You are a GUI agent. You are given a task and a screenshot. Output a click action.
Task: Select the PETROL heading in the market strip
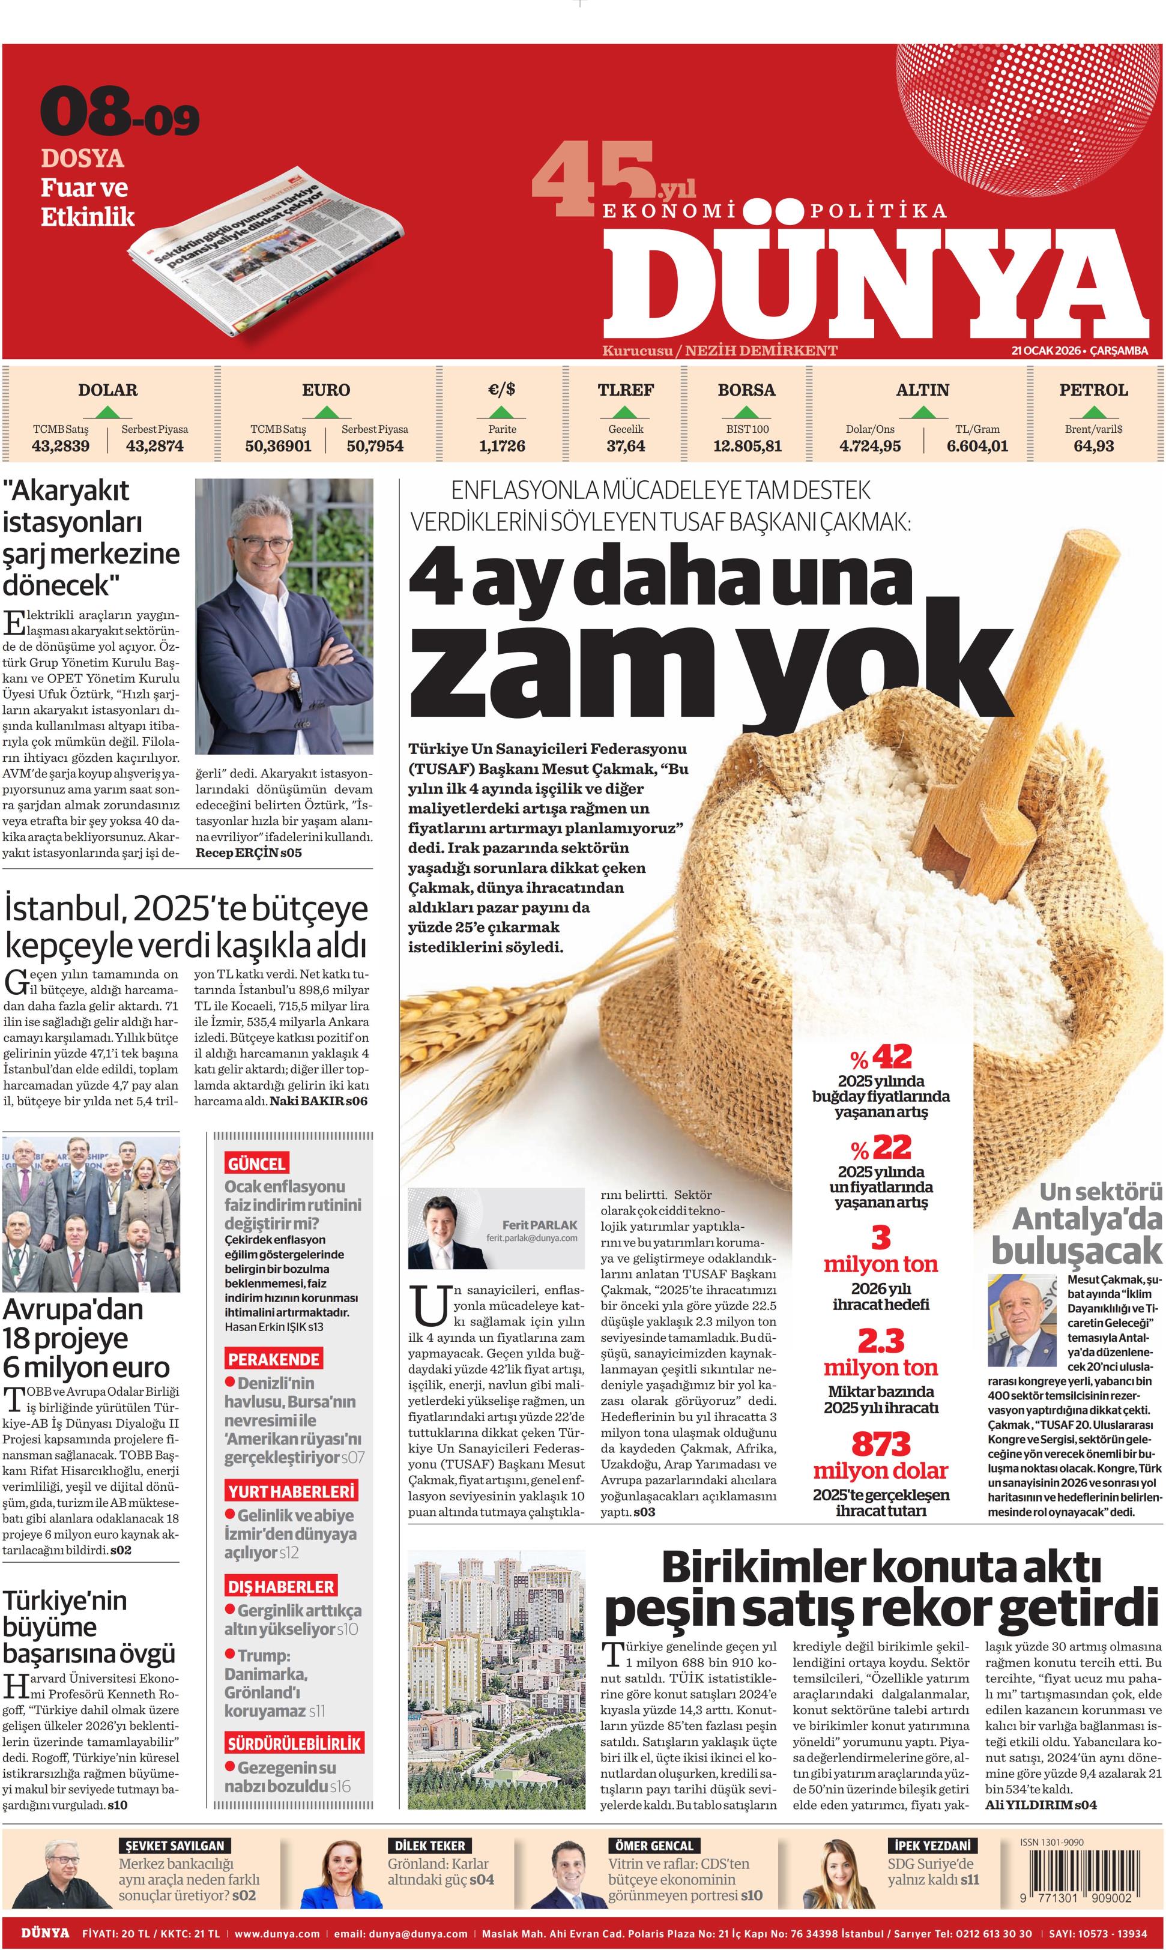1093,390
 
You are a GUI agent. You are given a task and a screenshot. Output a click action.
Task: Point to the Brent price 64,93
1093,446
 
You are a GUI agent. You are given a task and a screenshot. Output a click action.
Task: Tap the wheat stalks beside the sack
503,1001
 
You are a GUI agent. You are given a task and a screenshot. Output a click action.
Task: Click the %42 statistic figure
881,1057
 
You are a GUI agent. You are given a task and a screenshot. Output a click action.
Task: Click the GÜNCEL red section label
256,1164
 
